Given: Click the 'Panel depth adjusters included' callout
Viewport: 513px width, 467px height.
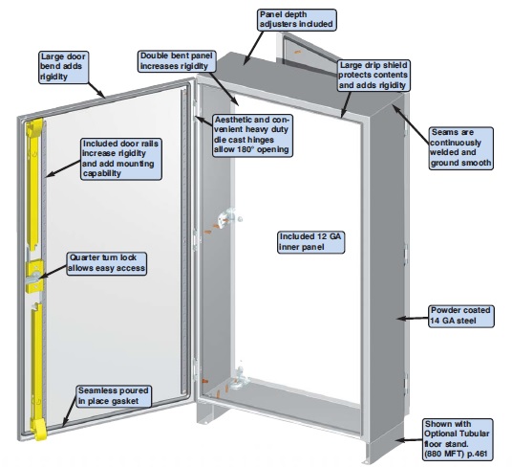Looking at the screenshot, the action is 297,20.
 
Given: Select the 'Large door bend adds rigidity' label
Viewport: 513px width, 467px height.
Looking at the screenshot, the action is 63,67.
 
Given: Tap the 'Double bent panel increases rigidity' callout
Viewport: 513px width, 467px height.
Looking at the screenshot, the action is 177,61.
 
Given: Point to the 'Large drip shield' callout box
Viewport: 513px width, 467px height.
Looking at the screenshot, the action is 374,76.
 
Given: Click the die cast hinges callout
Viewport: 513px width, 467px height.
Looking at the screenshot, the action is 252,135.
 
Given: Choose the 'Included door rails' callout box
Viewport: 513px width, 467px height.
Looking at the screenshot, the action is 121,159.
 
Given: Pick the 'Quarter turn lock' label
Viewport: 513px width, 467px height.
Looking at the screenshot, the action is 107,263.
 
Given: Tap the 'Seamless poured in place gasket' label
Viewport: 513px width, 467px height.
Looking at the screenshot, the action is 114,396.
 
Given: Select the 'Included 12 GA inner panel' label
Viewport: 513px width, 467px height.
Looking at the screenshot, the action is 310,242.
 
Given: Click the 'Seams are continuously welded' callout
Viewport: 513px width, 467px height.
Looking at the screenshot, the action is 460,148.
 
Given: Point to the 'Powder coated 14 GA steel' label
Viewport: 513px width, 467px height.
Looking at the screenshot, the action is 461,316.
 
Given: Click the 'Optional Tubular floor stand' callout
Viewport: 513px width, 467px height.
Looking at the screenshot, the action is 457,439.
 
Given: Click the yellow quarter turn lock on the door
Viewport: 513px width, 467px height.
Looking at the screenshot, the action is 34,276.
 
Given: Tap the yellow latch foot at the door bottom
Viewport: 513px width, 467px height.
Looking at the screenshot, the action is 39,429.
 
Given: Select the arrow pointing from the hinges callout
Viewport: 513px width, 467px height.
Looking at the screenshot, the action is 203,121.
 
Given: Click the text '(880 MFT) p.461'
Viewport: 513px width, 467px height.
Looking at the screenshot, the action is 456,454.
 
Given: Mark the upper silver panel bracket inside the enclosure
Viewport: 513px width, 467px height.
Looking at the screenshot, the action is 226,217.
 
